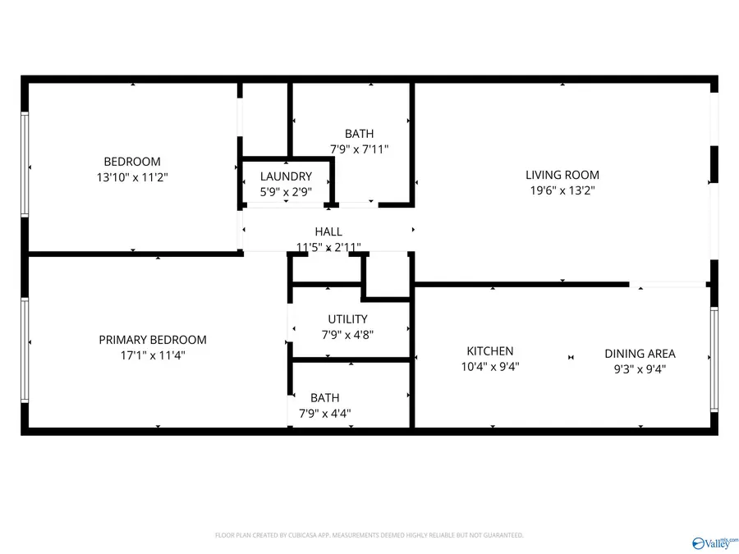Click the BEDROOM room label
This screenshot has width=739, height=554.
tap(132, 162)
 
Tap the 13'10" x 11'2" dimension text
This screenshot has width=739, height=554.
tap(132, 177)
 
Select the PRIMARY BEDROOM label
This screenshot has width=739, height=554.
tap(153, 340)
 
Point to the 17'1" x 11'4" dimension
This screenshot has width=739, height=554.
tap(153, 355)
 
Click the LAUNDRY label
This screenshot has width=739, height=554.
tap(286, 176)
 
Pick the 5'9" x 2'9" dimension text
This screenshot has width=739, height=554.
tap(286, 192)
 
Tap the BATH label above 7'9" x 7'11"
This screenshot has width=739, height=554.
tap(359, 134)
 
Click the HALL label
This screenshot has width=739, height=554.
tap(328, 231)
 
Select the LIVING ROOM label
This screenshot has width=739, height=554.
tap(562, 175)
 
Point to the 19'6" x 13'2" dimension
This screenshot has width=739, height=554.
tap(562, 190)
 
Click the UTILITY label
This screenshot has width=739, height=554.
tap(348, 319)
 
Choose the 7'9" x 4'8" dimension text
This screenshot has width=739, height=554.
tap(348, 335)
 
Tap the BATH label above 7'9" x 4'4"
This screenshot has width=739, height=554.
tap(324, 397)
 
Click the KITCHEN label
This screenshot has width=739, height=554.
tap(490, 351)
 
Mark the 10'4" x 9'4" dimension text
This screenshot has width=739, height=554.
tap(490, 367)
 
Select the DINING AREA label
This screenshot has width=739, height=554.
tap(640, 353)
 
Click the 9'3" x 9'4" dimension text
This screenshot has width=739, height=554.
tap(640, 369)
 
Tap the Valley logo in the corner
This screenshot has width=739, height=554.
tap(714, 543)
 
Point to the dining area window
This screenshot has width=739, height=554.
tap(714, 359)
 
